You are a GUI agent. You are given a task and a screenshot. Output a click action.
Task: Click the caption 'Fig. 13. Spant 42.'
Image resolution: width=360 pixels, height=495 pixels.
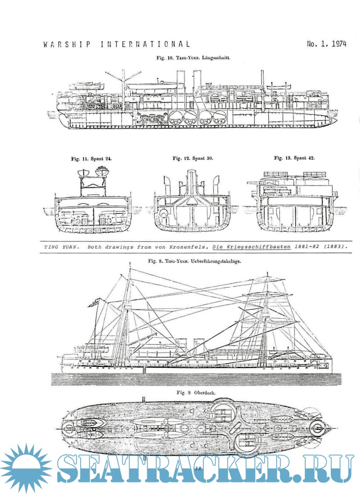[294, 157]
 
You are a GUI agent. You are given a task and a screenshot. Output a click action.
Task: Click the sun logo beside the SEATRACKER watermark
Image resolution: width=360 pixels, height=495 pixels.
[26, 468]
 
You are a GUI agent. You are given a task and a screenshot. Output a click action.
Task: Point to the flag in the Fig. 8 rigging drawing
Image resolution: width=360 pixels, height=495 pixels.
[96, 301]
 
